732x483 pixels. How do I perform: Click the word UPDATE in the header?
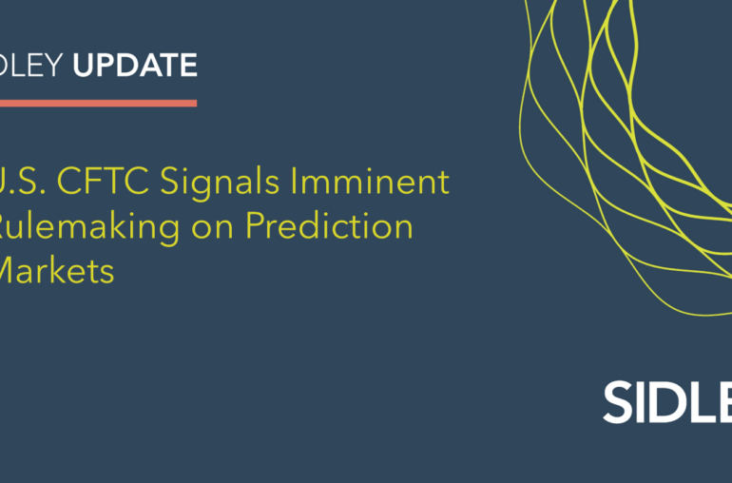[x=135, y=66]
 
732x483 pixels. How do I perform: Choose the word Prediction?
[x=329, y=227]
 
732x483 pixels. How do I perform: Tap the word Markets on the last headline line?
[x=57, y=272]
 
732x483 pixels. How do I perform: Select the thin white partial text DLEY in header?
[x=32, y=66]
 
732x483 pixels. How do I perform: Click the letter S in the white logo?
[x=619, y=403]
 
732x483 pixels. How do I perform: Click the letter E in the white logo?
[x=726, y=403]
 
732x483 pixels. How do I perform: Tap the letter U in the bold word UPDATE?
[x=84, y=66]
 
